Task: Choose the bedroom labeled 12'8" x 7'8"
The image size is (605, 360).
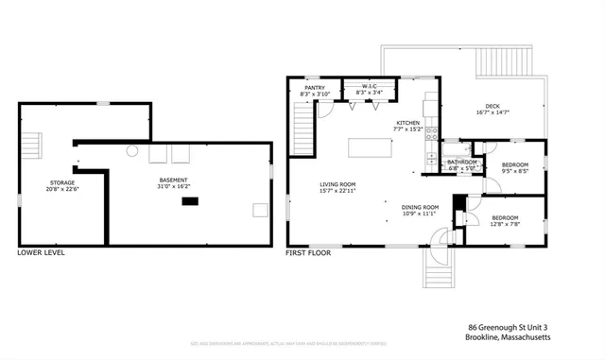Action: [506, 221]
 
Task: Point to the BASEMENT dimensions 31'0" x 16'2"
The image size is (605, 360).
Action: [173, 187]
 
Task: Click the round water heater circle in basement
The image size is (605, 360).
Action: [132, 151]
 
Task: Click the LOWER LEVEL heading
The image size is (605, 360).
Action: [42, 253]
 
